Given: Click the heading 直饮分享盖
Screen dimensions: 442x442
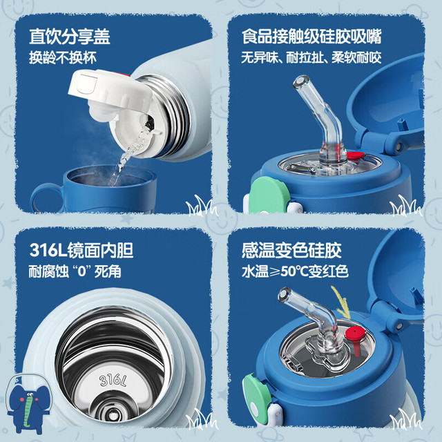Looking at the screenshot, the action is tap(70, 37).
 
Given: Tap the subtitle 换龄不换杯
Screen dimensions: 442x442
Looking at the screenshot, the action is tap(63, 57).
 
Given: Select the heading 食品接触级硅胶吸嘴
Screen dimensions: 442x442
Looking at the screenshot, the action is tap(311, 37).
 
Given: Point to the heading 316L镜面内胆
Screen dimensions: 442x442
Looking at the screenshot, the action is tap(81, 250).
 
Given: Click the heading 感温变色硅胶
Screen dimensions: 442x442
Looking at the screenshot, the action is tap(291, 250).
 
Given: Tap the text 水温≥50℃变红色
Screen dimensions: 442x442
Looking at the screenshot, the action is tap(295, 271).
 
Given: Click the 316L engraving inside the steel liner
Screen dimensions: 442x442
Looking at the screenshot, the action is tap(113, 381).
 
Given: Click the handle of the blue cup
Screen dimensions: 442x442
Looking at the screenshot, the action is tap(44, 198).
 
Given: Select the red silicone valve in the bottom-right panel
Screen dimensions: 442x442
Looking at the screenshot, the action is tap(354, 337).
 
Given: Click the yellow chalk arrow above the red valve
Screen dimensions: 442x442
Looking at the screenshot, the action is tap(342, 302).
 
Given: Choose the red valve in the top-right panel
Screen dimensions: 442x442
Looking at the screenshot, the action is tap(355, 155).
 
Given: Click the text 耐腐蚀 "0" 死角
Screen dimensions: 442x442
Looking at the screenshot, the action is tap(75, 271).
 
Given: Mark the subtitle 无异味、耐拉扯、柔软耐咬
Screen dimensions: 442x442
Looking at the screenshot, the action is tap(311, 57).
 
